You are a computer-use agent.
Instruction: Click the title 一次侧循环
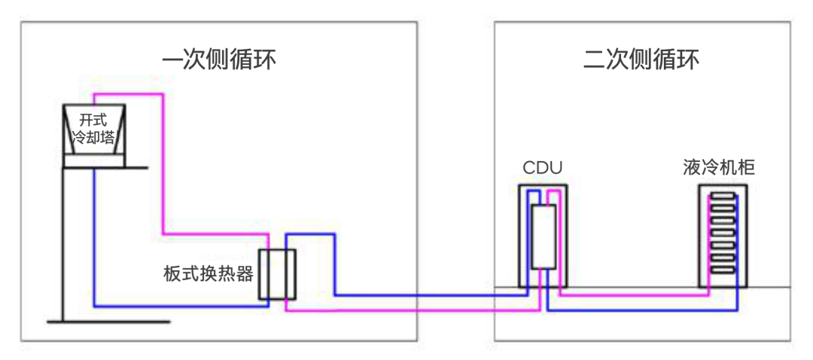218,59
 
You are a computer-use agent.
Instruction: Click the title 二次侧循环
641,59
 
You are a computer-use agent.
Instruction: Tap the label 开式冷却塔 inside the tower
93,129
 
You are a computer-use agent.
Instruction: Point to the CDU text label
542,168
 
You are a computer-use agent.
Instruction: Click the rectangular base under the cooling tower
93,160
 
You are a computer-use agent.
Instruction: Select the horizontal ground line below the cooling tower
108,322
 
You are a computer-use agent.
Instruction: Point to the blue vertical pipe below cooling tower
94,241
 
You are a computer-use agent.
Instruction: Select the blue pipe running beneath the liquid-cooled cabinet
640,310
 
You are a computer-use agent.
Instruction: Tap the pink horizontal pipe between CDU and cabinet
632,295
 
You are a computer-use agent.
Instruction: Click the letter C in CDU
528,168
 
